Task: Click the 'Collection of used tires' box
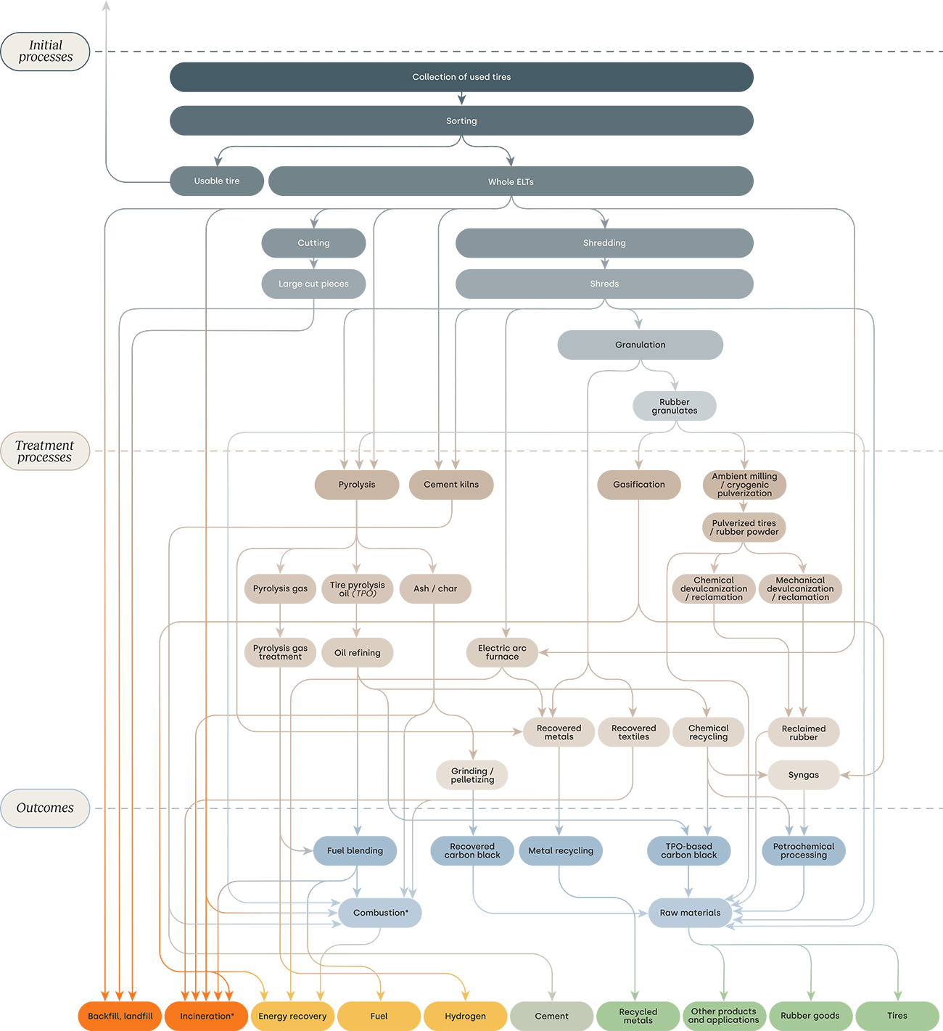coord(461,77)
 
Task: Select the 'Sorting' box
coord(461,121)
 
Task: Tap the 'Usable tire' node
coord(217,181)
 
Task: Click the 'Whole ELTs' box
coord(511,182)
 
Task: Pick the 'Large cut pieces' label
coord(313,284)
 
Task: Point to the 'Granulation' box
coord(640,345)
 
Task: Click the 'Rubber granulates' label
coord(675,406)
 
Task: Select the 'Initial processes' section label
coord(46,52)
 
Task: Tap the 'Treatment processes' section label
coord(45,451)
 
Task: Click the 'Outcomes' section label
coord(45,808)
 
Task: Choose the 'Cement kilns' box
coord(451,485)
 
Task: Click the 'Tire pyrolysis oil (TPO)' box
coord(358,589)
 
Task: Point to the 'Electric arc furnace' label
coord(502,652)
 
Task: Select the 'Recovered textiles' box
coord(633,733)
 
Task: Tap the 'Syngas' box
coord(804,775)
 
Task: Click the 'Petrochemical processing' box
coord(804,851)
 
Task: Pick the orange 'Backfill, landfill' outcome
coord(120,1016)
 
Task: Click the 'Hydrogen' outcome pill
coord(465,1016)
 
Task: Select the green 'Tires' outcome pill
coord(897,1016)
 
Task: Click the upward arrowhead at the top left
coord(106,6)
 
